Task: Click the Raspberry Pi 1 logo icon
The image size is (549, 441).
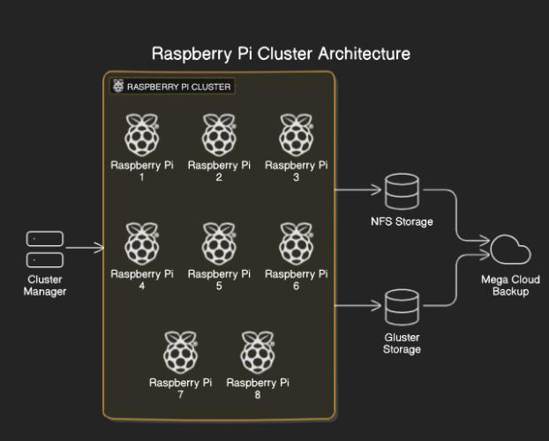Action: coord(141,135)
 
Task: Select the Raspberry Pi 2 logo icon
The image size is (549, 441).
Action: coord(219,135)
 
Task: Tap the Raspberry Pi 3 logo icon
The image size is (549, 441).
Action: coord(296,135)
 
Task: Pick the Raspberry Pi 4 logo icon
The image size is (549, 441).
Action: coord(141,244)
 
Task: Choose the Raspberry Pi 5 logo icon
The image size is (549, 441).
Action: coord(219,244)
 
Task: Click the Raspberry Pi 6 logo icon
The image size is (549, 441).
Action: coord(296,244)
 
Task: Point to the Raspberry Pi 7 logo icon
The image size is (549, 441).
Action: coord(180,353)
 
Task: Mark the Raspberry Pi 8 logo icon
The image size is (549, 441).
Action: coord(258,353)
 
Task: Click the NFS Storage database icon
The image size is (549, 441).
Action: coord(402,191)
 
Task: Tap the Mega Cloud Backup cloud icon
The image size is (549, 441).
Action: coord(511,250)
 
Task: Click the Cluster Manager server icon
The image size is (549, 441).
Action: coord(45,249)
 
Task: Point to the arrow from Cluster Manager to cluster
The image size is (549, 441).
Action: coord(85,248)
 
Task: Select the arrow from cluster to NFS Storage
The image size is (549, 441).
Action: coord(359,189)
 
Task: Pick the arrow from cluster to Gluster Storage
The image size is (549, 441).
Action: coord(359,306)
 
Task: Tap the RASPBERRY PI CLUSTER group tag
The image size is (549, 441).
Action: coord(172,86)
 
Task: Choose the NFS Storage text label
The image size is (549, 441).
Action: coord(402,221)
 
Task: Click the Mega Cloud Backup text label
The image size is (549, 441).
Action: coord(510,286)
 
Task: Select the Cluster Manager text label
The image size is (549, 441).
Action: coord(45,286)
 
